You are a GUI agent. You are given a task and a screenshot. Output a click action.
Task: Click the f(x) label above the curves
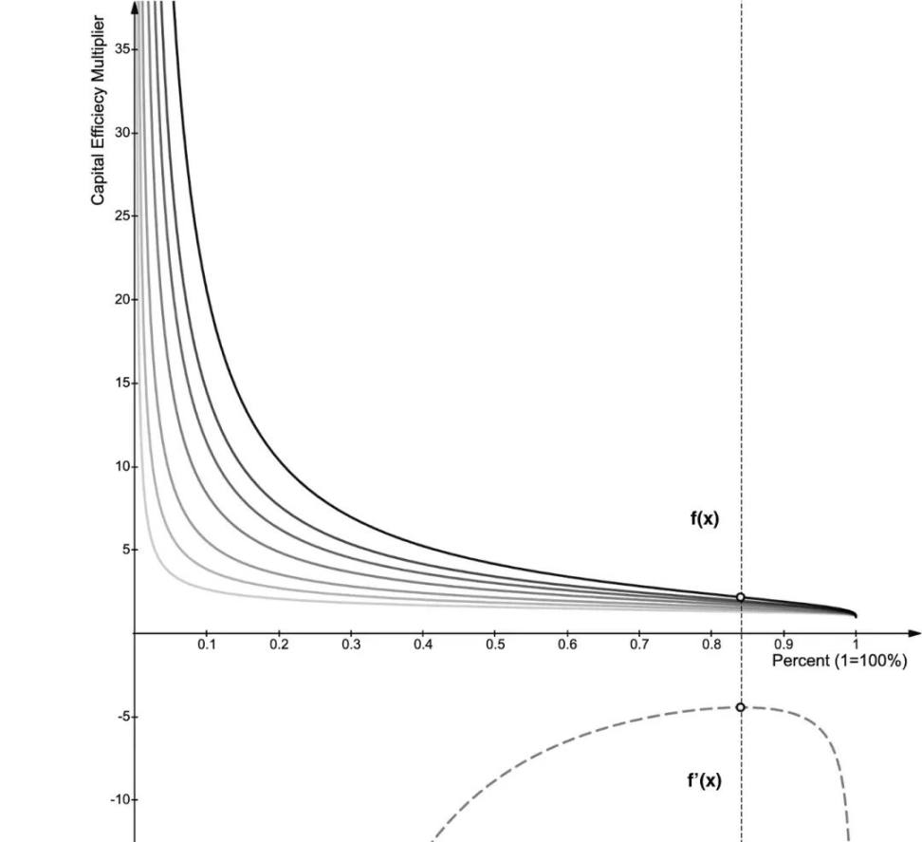coord(704,519)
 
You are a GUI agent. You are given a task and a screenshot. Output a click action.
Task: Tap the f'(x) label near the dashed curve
coord(704,781)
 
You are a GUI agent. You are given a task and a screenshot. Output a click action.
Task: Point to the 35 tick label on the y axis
coord(121,49)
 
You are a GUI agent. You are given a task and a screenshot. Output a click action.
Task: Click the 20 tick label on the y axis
coord(121,300)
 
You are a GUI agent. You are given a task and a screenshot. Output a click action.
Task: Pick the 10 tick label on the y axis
coord(121,467)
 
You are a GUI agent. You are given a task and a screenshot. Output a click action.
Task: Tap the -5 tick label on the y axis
coord(122,717)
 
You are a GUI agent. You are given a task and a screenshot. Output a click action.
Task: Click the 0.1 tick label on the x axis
coord(207,646)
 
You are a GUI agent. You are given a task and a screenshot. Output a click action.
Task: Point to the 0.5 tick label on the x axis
coord(495,646)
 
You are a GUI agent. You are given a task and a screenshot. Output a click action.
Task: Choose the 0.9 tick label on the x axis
coord(784,646)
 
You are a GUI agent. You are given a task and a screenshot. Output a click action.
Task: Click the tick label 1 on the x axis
coord(856,646)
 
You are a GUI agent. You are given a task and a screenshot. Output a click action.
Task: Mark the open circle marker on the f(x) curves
coord(741,597)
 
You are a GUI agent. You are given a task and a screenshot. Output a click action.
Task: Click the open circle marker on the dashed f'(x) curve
coord(741,707)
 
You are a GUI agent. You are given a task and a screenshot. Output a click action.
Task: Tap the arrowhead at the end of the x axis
coord(914,633)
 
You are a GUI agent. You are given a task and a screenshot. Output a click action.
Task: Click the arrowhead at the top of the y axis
coord(135,7)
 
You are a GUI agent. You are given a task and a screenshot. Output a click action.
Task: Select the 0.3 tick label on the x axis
coord(351,646)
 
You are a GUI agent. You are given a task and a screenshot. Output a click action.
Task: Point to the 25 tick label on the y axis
coord(121,216)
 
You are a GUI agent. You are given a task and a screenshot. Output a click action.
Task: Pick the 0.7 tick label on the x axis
coord(639,646)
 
